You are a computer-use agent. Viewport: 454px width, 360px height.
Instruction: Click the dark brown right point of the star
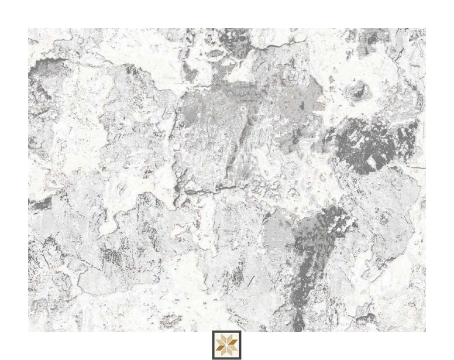tap(235, 345)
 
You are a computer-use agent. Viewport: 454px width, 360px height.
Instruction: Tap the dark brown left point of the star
tap(218, 345)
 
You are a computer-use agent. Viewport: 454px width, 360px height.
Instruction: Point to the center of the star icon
tap(226, 345)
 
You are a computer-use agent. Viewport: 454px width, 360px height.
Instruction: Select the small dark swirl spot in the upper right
tap(358, 90)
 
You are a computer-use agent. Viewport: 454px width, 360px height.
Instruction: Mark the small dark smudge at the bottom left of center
tap(170, 319)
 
